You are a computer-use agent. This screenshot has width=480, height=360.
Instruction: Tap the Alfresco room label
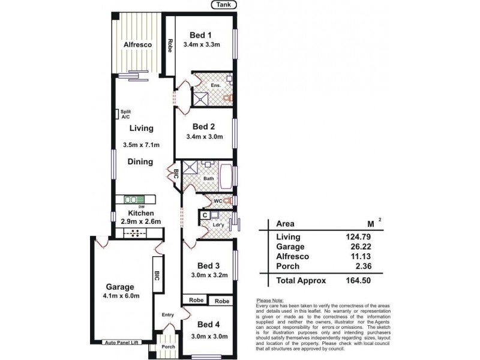[x=137, y=45]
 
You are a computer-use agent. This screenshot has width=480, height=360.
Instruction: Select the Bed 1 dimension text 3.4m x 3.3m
[x=202, y=44]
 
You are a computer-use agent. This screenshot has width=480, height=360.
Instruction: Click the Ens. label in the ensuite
[x=216, y=85]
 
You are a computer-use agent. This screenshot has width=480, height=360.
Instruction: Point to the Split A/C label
[x=125, y=114]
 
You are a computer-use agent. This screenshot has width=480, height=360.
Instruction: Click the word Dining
[x=140, y=161]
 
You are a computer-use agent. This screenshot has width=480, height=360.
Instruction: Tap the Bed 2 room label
[x=204, y=127]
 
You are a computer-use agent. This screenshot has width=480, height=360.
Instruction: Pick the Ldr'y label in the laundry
[x=218, y=226]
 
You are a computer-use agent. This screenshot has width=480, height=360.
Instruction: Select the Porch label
[x=169, y=346]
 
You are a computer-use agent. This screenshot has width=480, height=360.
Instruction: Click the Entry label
[x=168, y=314]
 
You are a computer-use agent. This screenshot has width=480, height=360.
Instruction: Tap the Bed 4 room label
[x=204, y=325]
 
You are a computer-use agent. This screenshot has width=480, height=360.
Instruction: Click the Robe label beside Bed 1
[x=170, y=46]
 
